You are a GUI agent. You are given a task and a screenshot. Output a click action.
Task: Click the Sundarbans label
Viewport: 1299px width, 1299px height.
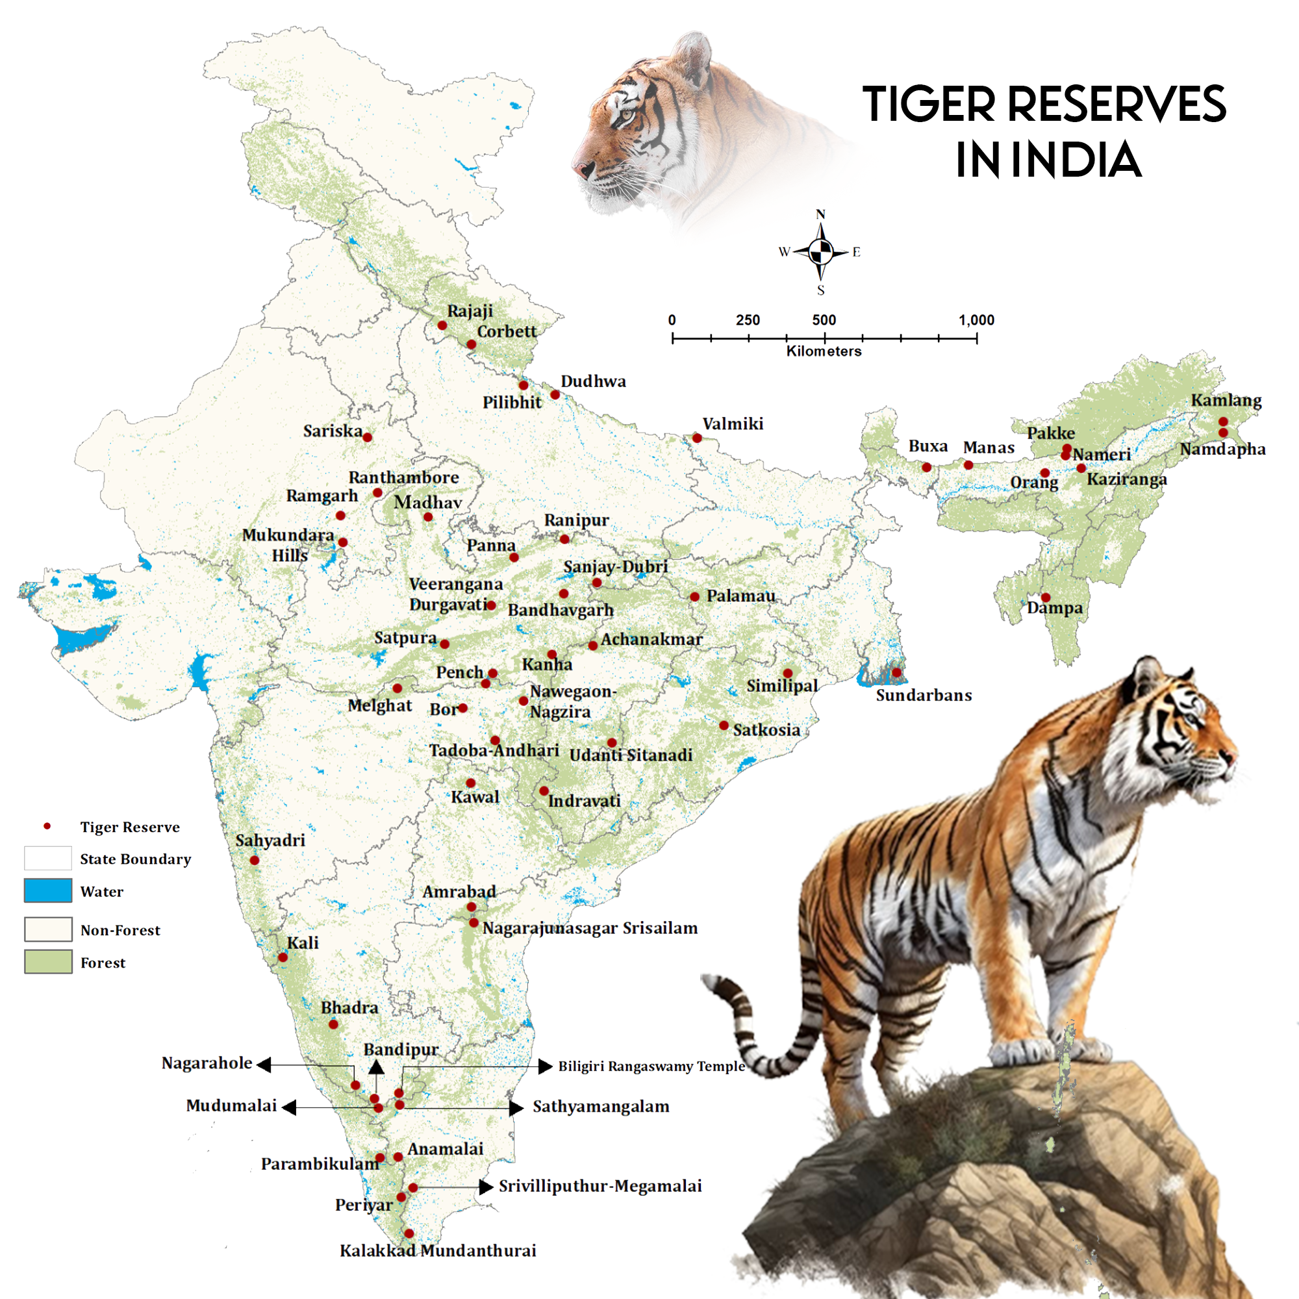point(924,695)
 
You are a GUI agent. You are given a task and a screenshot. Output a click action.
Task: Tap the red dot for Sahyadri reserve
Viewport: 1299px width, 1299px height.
point(254,861)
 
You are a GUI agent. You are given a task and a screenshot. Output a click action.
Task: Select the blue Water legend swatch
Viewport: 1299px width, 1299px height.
point(47,891)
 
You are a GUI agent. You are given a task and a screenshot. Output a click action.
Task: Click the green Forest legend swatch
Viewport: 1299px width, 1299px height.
point(47,962)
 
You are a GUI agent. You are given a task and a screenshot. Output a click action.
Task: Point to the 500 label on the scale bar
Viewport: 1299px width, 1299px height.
point(824,320)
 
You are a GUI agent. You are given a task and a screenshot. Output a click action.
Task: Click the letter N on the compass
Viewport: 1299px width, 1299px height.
point(820,214)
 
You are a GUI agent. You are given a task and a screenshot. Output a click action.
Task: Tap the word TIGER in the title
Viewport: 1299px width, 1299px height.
point(929,105)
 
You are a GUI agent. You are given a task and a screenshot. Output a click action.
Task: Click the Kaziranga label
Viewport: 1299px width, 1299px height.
point(1127,479)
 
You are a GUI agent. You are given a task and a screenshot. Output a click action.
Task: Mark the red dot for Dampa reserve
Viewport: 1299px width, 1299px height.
point(1046,597)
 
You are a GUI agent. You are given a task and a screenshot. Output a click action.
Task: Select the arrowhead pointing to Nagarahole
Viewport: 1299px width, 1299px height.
point(264,1065)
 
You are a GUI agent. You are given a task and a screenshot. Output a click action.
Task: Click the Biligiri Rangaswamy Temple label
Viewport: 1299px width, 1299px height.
point(651,1066)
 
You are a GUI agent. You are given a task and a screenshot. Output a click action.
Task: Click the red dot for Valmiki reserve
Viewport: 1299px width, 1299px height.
point(697,438)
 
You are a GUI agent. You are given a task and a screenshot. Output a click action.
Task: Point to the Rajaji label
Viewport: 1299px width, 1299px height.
point(470,310)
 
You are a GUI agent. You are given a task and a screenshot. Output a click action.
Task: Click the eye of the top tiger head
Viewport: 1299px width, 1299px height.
point(627,114)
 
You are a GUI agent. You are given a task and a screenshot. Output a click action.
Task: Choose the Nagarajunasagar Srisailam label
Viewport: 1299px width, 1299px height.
point(590,929)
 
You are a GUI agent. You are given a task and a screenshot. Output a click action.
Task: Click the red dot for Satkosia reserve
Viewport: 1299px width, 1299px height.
point(724,725)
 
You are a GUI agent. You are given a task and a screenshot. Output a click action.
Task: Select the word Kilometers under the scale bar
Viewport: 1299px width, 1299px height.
point(824,351)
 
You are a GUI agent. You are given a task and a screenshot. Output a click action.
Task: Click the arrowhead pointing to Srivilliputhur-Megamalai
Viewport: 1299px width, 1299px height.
point(486,1187)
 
